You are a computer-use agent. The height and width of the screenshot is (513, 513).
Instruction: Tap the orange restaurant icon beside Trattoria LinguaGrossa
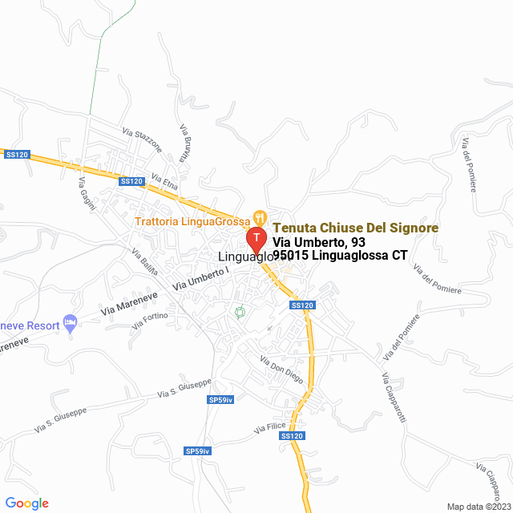(x=259, y=216)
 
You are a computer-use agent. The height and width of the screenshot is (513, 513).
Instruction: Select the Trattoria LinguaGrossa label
(x=192, y=220)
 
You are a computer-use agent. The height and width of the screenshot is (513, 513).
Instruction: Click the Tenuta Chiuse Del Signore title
(x=355, y=228)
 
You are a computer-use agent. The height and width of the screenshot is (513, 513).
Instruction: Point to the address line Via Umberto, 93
(x=319, y=242)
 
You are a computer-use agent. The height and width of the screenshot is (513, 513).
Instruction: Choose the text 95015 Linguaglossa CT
(x=340, y=256)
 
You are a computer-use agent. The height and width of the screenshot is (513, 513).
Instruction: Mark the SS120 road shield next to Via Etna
(x=131, y=181)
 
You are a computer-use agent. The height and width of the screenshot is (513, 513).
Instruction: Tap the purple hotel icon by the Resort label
(x=71, y=321)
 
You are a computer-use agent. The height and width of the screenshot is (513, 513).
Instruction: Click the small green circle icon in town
(x=239, y=312)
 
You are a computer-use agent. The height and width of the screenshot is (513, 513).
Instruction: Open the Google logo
(x=26, y=503)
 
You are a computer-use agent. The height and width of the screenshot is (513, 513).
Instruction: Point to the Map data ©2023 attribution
(x=478, y=507)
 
